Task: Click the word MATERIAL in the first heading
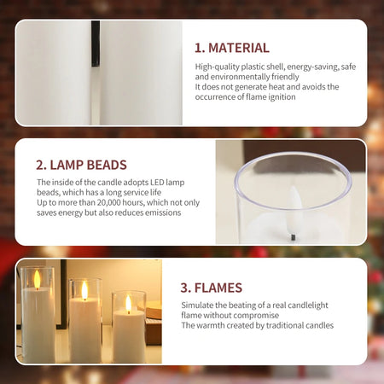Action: (x=239, y=48)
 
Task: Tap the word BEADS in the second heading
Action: (x=107, y=165)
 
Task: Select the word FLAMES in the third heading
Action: (x=218, y=288)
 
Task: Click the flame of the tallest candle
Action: (x=37, y=279)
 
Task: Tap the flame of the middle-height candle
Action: (x=84, y=290)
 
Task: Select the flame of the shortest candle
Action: (x=129, y=304)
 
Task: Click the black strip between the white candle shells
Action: (x=96, y=44)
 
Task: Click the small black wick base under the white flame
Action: (x=293, y=237)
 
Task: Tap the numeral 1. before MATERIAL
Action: (x=200, y=48)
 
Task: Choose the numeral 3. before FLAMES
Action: (x=185, y=288)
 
